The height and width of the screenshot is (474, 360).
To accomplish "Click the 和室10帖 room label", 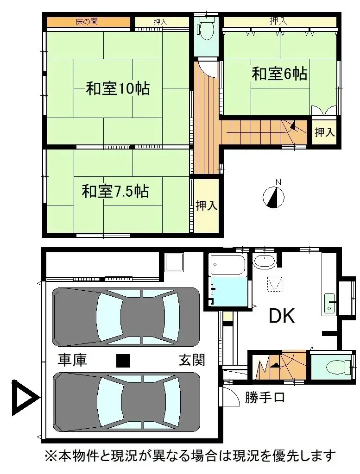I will (x=118, y=88).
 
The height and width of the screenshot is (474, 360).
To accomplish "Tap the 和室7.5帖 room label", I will (x=115, y=191).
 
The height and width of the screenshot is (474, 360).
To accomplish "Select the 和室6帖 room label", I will (x=279, y=74).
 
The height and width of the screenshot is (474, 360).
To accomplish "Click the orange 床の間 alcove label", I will (x=87, y=22).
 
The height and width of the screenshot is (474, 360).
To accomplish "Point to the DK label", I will (x=282, y=316).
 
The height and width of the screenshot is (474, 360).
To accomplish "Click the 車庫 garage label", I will (x=73, y=360).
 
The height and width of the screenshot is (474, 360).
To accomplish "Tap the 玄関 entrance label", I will (x=192, y=360).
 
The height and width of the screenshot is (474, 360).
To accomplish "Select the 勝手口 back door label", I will (x=265, y=397).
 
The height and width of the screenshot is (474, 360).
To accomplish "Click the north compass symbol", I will (x=273, y=196).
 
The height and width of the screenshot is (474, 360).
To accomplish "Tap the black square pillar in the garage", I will (x=123, y=361).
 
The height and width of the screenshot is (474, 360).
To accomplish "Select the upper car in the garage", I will (x=126, y=317).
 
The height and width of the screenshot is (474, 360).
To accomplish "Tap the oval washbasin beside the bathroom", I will (x=265, y=261).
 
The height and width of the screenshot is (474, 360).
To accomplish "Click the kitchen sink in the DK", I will (x=329, y=304).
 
